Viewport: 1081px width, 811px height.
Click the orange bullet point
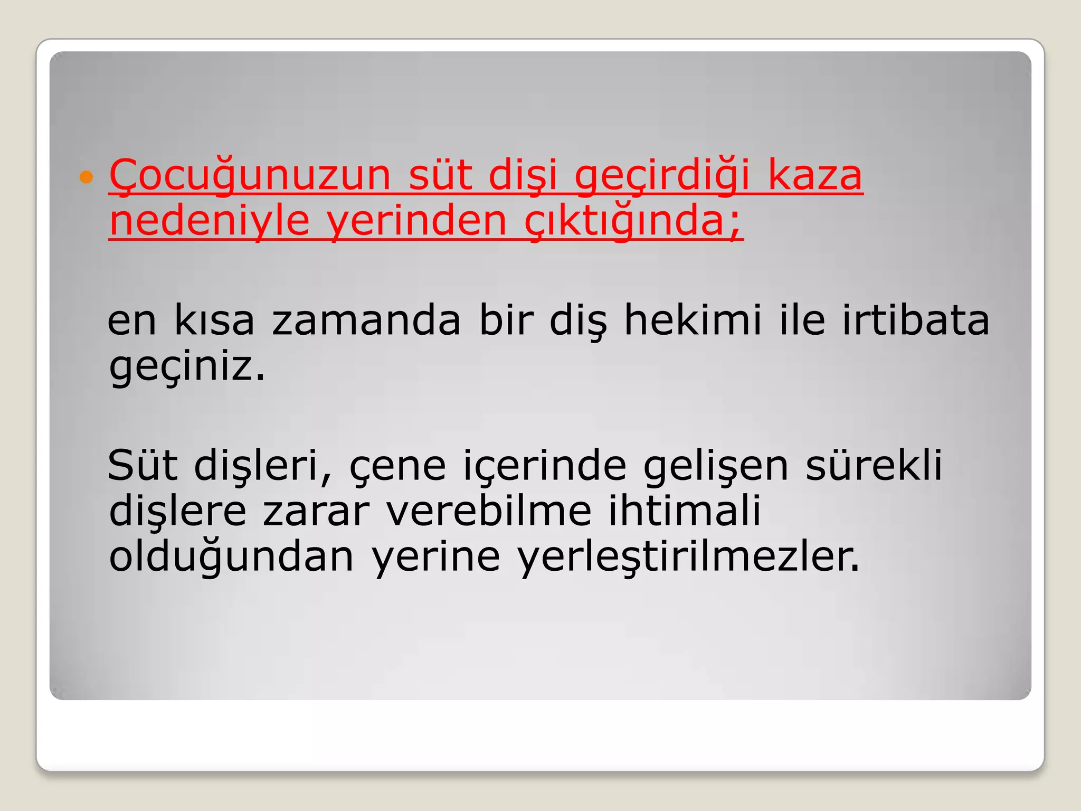(86, 177)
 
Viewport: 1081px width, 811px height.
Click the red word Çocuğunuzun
(250, 176)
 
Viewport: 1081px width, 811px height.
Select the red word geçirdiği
(662, 176)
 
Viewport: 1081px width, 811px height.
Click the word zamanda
(366, 320)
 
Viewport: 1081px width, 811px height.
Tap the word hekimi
(693, 320)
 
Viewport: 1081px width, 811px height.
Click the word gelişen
(716, 466)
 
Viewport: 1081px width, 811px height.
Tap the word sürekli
(874, 466)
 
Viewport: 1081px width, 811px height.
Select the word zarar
(316, 511)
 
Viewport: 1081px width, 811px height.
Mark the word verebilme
(489, 511)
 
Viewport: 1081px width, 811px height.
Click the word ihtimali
(685, 511)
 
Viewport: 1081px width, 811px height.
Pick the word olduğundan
(231, 557)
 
